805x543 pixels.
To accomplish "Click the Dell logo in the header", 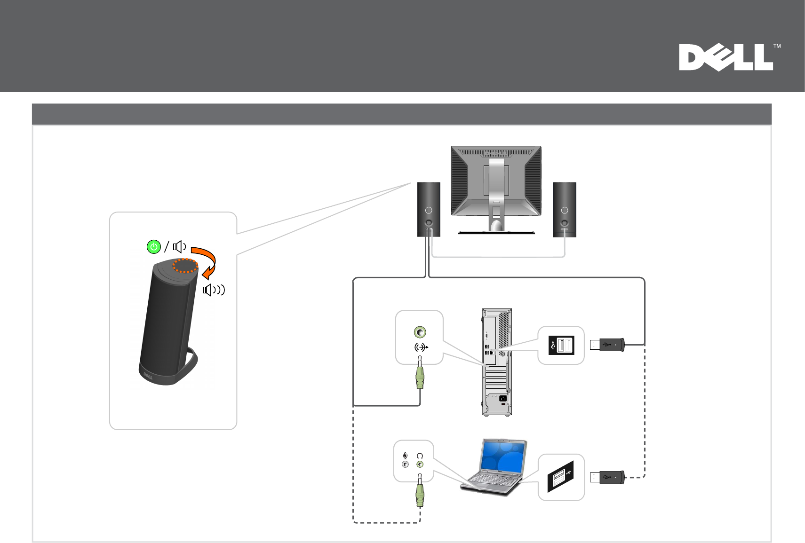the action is [725, 57].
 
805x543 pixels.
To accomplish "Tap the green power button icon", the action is [154, 247].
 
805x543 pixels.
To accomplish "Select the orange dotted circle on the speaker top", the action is [185, 266].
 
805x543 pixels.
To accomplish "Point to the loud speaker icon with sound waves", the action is [214, 290].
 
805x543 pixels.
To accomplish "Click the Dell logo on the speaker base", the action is [148, 376].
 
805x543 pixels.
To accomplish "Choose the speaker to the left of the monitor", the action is [429, 209].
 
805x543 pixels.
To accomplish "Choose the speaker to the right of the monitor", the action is [564, 209].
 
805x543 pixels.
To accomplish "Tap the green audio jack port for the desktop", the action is [420, 332].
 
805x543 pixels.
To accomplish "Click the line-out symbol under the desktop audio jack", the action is [421, 347].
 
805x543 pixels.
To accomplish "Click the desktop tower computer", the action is [497, 362].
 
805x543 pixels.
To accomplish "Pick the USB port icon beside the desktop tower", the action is [561, 346].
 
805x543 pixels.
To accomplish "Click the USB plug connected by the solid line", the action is [607, 345].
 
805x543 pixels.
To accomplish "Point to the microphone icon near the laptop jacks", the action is [405, 456].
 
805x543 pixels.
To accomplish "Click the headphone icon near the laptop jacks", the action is [420, 456].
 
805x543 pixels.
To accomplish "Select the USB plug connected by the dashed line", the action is [607, 477].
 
